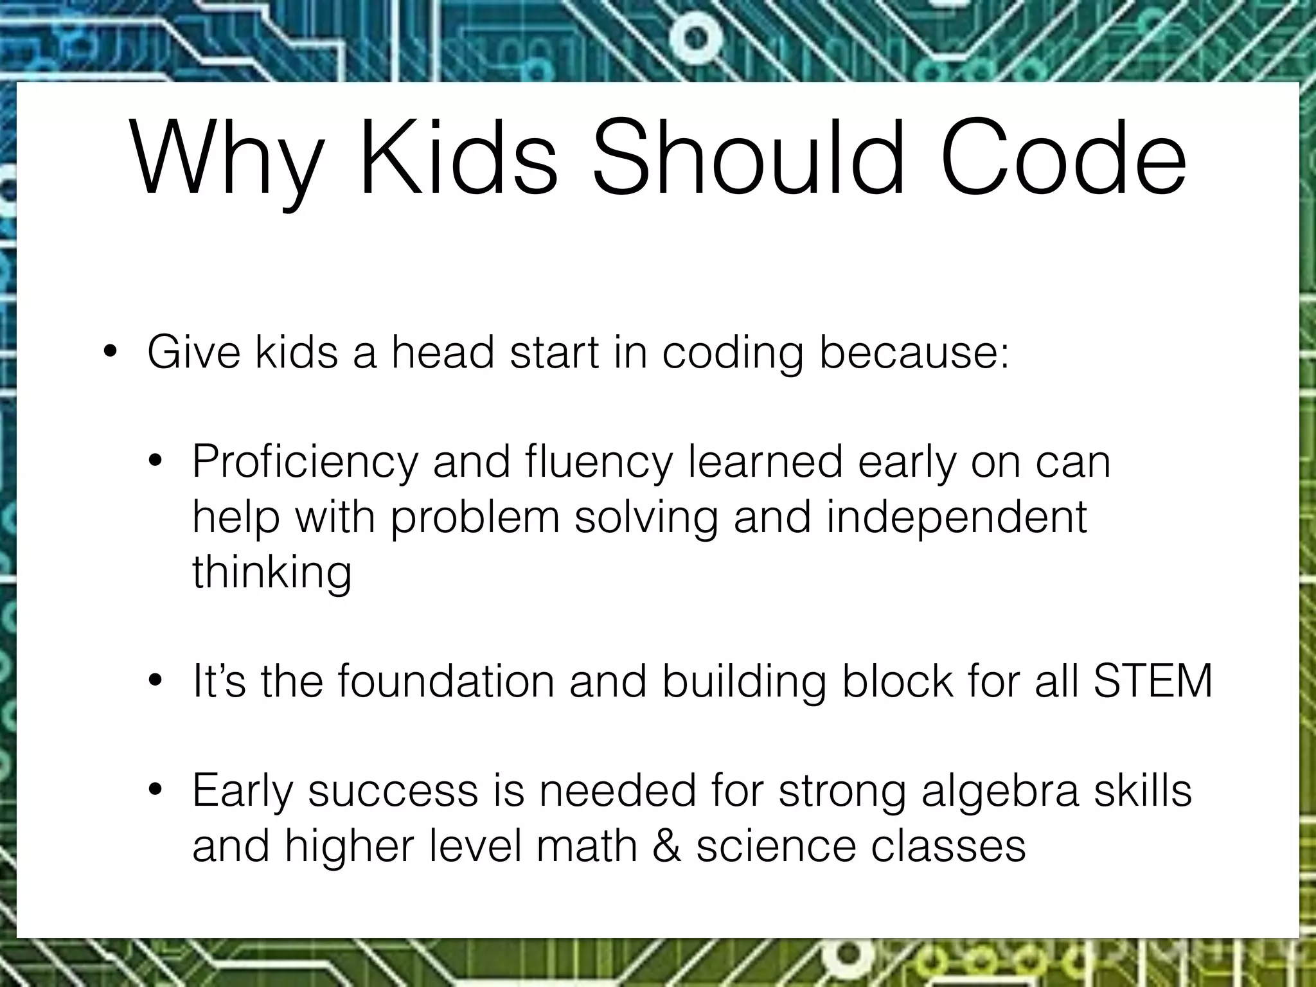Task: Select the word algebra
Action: click(1000, 792)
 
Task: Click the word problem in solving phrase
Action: click(475, 518)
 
